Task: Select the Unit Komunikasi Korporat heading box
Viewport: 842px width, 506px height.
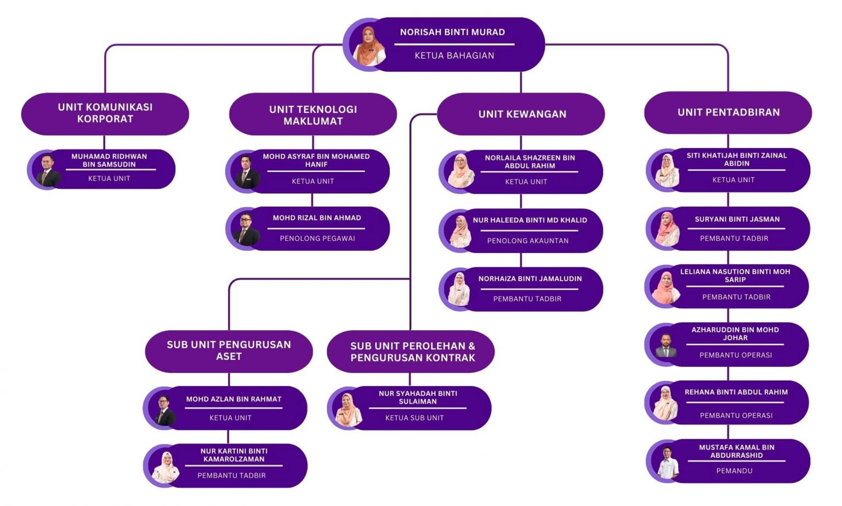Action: click(105, 113)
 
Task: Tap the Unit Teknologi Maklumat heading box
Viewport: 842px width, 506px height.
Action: click(312, 115)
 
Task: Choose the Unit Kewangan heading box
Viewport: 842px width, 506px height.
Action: click(521, 114)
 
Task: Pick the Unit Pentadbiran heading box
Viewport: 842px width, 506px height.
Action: click(728, 112)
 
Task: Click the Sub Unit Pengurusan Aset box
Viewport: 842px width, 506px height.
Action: click(229, 350)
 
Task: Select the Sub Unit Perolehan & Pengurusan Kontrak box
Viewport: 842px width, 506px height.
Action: click(412, 352)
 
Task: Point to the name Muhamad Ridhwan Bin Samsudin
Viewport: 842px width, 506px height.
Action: click(109, 160)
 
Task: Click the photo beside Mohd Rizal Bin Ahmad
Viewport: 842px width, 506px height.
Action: click(245, 228)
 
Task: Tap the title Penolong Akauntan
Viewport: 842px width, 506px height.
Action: click(527, 240)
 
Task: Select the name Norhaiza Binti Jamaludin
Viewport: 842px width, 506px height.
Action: click(530, 279)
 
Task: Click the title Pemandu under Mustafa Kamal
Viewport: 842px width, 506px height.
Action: click(734, 470)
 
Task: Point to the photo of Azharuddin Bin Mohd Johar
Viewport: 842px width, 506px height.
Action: click(665, 345)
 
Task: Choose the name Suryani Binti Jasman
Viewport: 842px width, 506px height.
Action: click(737, 219)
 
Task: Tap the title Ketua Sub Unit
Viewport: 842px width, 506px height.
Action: click(414, 418)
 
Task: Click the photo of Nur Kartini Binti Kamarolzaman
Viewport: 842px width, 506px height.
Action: click(165, 467)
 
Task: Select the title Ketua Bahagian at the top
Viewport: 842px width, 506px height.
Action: click(454, 55)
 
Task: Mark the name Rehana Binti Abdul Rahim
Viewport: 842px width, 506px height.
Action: click(736, 392)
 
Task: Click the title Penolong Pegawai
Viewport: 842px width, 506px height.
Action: click(317, 238)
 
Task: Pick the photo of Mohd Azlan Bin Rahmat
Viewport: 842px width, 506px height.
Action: click(163, 409)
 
